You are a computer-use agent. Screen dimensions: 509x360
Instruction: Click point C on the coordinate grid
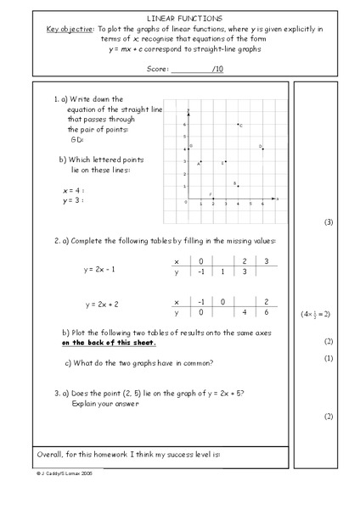coord(238,124)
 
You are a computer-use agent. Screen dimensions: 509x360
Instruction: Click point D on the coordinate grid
coord(263,148)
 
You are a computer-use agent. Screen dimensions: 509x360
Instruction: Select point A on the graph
coord(200,161)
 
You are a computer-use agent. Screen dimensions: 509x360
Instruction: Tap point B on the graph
coord(238,186)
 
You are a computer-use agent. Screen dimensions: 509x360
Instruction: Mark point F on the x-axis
coord(213,199)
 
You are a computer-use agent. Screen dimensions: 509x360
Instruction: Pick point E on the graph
coord(226,161)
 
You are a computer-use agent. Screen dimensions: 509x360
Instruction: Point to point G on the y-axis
coord(188,148)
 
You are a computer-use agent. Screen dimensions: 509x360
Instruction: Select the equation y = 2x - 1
coord(99,270)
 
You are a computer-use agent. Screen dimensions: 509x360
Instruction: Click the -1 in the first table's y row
coord(200,272)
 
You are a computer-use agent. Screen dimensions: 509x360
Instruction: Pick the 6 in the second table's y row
coord(267,313)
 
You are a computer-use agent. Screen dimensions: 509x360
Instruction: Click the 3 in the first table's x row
coord(267,261)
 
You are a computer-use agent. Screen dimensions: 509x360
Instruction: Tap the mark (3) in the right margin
coord(329,222)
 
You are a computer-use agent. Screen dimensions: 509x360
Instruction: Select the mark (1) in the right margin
coord(329,358)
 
